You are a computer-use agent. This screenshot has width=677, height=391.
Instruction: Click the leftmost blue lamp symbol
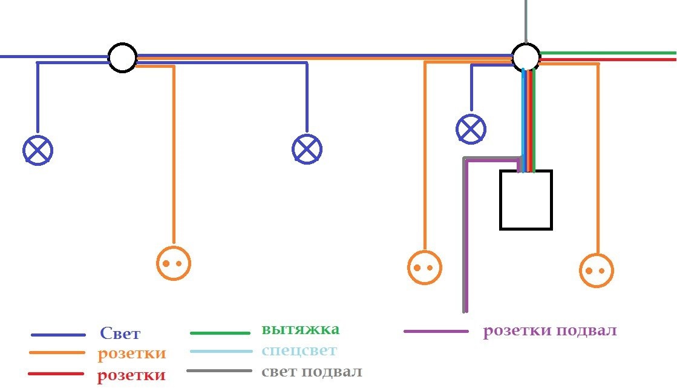38,150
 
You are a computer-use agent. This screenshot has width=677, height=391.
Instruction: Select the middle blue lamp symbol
307,149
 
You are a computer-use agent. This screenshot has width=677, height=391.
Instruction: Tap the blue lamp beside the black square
471,129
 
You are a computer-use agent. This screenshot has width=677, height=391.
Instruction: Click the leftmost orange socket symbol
174,263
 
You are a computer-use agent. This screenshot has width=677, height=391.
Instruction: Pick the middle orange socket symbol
425,268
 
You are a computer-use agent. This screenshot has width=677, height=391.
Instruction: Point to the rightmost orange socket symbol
597,271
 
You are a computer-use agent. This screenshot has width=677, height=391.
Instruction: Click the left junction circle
123,57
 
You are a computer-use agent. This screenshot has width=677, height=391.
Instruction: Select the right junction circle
526,57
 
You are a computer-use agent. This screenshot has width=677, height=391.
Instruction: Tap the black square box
526,200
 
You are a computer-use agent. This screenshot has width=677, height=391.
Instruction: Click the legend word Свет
120,333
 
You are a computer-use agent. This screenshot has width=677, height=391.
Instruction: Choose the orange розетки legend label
132,353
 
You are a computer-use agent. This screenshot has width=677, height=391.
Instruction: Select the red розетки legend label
131,375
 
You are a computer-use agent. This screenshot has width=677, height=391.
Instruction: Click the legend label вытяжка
301,329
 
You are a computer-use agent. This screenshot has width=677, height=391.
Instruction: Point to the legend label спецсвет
299,350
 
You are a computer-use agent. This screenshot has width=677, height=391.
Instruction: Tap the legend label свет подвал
312,372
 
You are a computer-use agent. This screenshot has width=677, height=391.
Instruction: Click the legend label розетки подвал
550,331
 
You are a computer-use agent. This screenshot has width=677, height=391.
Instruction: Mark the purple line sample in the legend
436,331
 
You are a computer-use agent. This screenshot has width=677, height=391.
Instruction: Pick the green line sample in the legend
220,333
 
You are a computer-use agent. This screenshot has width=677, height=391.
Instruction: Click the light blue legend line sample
221,351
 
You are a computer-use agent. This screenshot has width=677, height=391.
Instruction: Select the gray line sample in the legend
220,370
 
